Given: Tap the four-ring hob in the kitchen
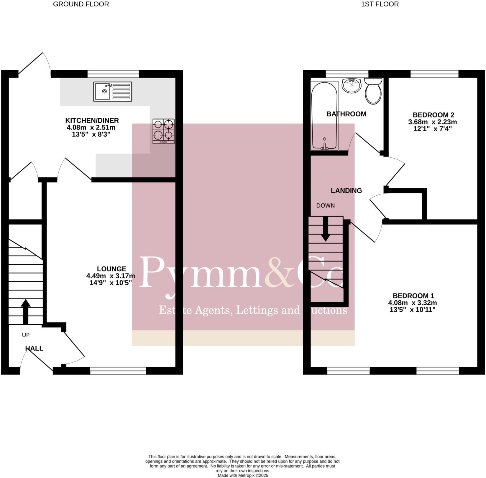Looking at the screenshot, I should (x=163, y=131).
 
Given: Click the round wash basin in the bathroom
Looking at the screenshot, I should (x=352, y=85).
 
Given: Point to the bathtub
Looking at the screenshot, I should (x=324, y=116).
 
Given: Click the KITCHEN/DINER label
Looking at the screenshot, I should (x=92, y=120).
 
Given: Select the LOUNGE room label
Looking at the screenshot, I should (x=111, y=269).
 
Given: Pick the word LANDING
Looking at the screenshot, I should (x=346, y=191).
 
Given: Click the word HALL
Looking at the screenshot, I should (x=34, y=348).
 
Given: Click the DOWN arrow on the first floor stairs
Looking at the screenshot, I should (x=326, y=229).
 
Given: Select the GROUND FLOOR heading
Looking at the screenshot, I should (x=81, y=4).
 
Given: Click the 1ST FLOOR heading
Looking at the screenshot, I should (x=380, y=4).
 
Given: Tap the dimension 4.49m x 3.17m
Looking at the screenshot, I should (x=111, y=276).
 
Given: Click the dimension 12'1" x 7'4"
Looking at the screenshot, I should (x=433, y=129).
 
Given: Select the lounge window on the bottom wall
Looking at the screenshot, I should (x=118, y=371).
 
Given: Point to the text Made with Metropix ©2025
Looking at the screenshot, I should (x=243, y=475).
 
